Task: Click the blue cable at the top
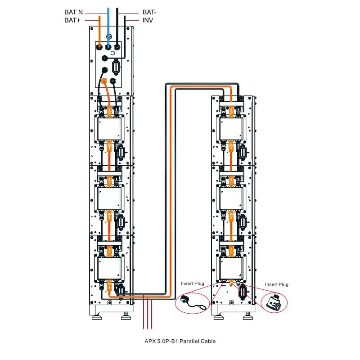tap(108, 22)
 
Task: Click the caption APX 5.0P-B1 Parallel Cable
tap(180, 341)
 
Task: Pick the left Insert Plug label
tap(193, 284)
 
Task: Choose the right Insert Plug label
tap(276, 284)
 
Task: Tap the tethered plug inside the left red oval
tap(185, 300)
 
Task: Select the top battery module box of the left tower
tap(108, 128)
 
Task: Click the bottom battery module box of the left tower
tap(108, 267)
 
